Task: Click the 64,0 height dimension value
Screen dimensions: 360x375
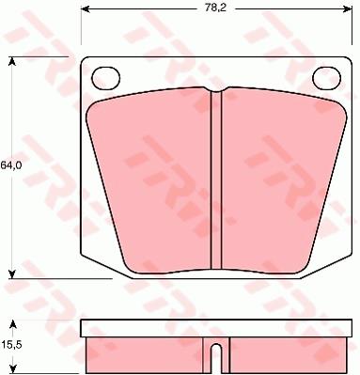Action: coord(10,166)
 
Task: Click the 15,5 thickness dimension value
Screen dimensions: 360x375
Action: coord(10,346)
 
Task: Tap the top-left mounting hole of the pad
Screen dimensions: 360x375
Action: coord(106,78)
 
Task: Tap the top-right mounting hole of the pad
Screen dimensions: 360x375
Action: coord(327,78)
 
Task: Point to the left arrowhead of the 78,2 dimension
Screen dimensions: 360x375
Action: coord(86,9)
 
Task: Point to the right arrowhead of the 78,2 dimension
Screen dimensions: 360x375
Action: coord(348,9)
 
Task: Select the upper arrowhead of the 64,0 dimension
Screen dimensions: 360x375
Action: coord(12,61)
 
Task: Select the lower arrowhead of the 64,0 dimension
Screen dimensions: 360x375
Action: coord(12,274)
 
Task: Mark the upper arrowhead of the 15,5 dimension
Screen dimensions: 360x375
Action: coord(12,324)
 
